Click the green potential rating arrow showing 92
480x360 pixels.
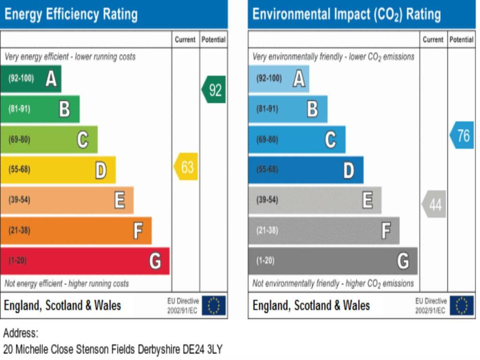coord(214,90)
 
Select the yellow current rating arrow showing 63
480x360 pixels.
coord(186,166)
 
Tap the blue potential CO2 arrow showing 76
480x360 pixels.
coord(462,135)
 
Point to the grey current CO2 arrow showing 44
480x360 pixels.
coord(434,204)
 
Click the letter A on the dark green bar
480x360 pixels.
coord(51,79)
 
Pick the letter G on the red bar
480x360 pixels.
coord(155,261)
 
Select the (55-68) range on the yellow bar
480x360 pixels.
coord(19,169)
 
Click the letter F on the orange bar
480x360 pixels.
coord(138,231)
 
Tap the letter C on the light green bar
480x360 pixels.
coord(82,140)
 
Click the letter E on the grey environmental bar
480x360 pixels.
coord(367,200)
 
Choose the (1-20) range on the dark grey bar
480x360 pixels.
coord(265,261)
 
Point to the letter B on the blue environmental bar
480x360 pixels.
coord(313,109)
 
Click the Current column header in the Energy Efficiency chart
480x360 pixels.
coord(185,39)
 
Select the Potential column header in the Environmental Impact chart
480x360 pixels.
coord(461,39)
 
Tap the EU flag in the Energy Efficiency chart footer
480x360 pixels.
coord(214,305)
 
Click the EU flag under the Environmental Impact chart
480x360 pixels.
coord(462,305)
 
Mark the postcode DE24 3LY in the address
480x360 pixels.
coord(202,349)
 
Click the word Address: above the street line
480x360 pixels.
coord(21,333)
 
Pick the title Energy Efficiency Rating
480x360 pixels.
coord(71,15)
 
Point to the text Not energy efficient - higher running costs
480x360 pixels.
coord(67,284)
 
